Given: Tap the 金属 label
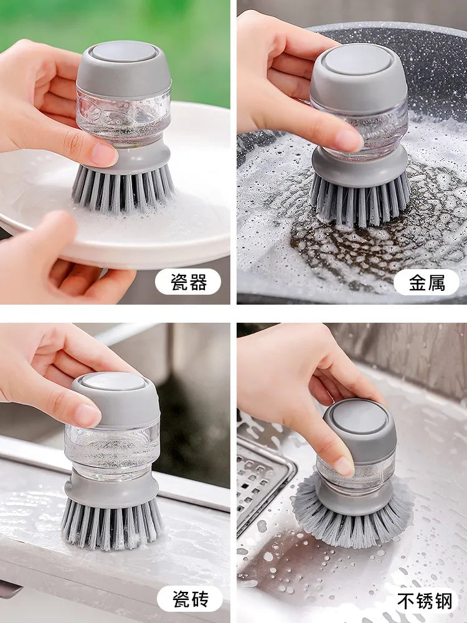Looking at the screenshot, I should coord(427,282).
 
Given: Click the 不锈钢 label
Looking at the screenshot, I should coord(427,600).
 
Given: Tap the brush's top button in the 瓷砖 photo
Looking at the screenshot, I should coord(115,381).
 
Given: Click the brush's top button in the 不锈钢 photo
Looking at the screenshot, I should coord(360,417).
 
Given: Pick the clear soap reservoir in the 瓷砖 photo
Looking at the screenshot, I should coord(112,449).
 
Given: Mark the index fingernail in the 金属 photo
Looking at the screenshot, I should coord(349,140).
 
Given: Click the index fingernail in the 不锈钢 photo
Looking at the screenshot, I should coord(344,465).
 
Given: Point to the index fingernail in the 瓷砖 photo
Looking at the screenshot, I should coord(87,415).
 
